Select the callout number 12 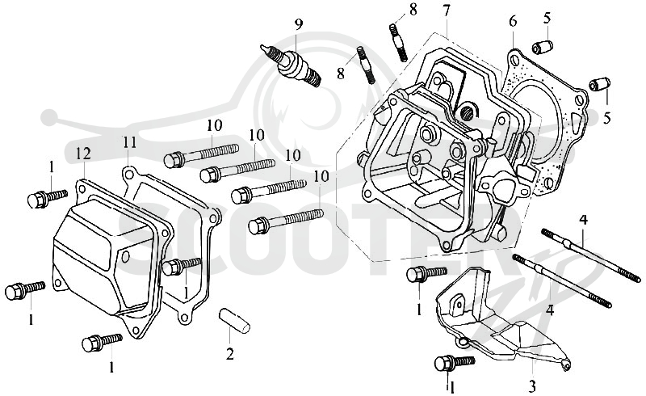tap(83, 154)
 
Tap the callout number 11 tap(129, 143)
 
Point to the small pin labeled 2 tap(233, 319)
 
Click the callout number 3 tap(532, 386)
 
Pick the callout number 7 tap(447, 11)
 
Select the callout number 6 tap(513, 21)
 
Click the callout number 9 tap(298, 24)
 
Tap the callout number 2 tap(230, 353)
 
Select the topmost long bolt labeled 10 tap(201, 154)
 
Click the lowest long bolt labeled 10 tap(286, 221)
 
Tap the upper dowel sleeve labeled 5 tap(542, 47)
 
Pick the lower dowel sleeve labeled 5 tap(599, 84)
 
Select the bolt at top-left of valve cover tap(48, 199)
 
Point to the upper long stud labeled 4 tap(591, 255)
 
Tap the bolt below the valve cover tap(102, 342)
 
